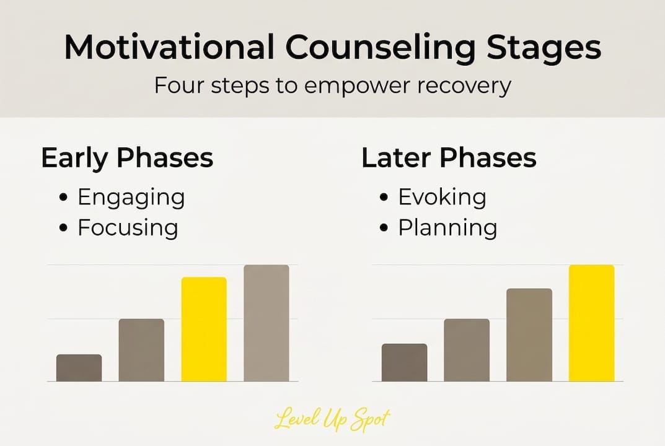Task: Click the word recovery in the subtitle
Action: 463,85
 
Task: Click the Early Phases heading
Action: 127,159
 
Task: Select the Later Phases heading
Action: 449,159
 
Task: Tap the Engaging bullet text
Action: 131,198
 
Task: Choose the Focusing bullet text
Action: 128,227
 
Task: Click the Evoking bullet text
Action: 442,198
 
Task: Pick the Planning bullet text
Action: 447,227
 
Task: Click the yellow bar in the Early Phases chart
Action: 204,329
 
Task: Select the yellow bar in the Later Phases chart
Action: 591,323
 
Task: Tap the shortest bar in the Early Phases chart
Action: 79,368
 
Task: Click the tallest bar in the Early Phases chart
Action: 266,323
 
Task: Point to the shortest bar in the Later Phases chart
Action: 404,362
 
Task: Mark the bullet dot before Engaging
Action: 63,198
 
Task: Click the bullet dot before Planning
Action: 384,228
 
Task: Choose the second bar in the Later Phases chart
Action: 467,350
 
